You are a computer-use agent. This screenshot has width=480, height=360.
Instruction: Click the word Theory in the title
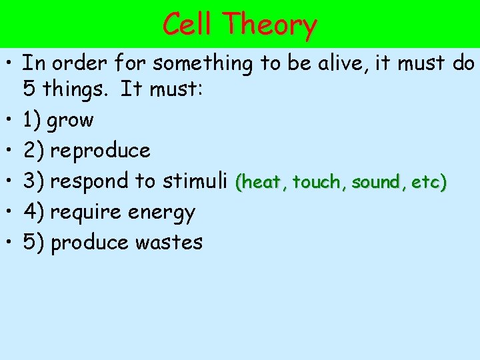click(x=271, y=26)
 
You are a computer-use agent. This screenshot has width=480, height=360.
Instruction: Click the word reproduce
click(x=100, y=151)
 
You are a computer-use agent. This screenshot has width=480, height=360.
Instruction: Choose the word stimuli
click(x=197, y=181)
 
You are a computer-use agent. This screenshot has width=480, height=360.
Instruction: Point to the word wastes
click(x=169, y=242)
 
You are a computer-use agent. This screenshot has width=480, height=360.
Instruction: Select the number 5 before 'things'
click(x=29, y=89)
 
